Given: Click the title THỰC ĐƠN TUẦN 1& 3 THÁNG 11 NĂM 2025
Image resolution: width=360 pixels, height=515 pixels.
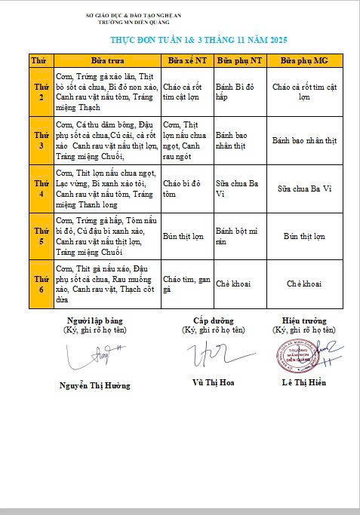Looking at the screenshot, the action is (x=199, y=39).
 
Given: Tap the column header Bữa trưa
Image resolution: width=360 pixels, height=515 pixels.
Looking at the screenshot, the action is (x=107, y=60).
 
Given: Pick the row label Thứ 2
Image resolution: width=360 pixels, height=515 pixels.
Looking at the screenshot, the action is (x=40, y=92).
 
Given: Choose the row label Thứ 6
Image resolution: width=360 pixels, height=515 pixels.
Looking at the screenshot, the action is (x=40, y=284).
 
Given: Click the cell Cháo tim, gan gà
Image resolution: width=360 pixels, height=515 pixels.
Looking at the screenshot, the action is (x=184, y=284).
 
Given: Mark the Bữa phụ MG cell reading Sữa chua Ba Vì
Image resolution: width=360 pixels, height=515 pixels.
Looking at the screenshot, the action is (x=304, y=189).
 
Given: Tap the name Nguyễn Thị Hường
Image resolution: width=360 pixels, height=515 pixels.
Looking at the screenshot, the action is (x=94, y=385).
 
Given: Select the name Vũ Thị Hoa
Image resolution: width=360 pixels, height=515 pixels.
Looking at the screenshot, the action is (x=214, y=382).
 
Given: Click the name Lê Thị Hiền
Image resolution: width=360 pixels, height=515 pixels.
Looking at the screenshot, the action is (x=304, y=382).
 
